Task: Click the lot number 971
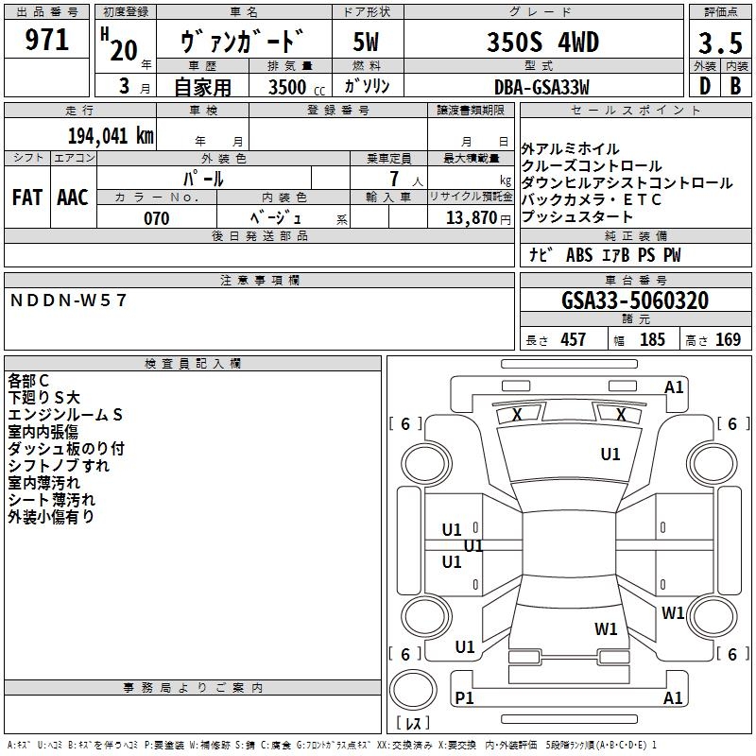(47, 40)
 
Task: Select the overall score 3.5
(718, 43)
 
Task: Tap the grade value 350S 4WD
(543, 43)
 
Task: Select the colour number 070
(157, 218)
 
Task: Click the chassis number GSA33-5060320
(635, 301)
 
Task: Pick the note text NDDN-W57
(68, 301)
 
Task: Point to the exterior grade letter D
(703, 87)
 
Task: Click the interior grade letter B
(734, 87)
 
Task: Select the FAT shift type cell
(26, 197)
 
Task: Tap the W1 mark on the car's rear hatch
(606, 628)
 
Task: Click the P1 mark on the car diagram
(464, 697)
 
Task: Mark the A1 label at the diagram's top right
(674, 387)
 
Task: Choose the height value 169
(729, 340)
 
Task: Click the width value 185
(652, 340)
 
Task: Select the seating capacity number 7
(392, 179)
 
